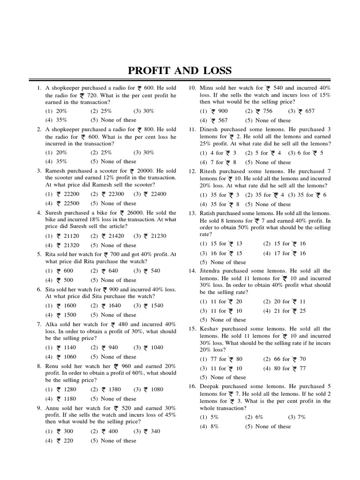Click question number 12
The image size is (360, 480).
[192, 172]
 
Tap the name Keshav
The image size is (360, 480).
[211, 329]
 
